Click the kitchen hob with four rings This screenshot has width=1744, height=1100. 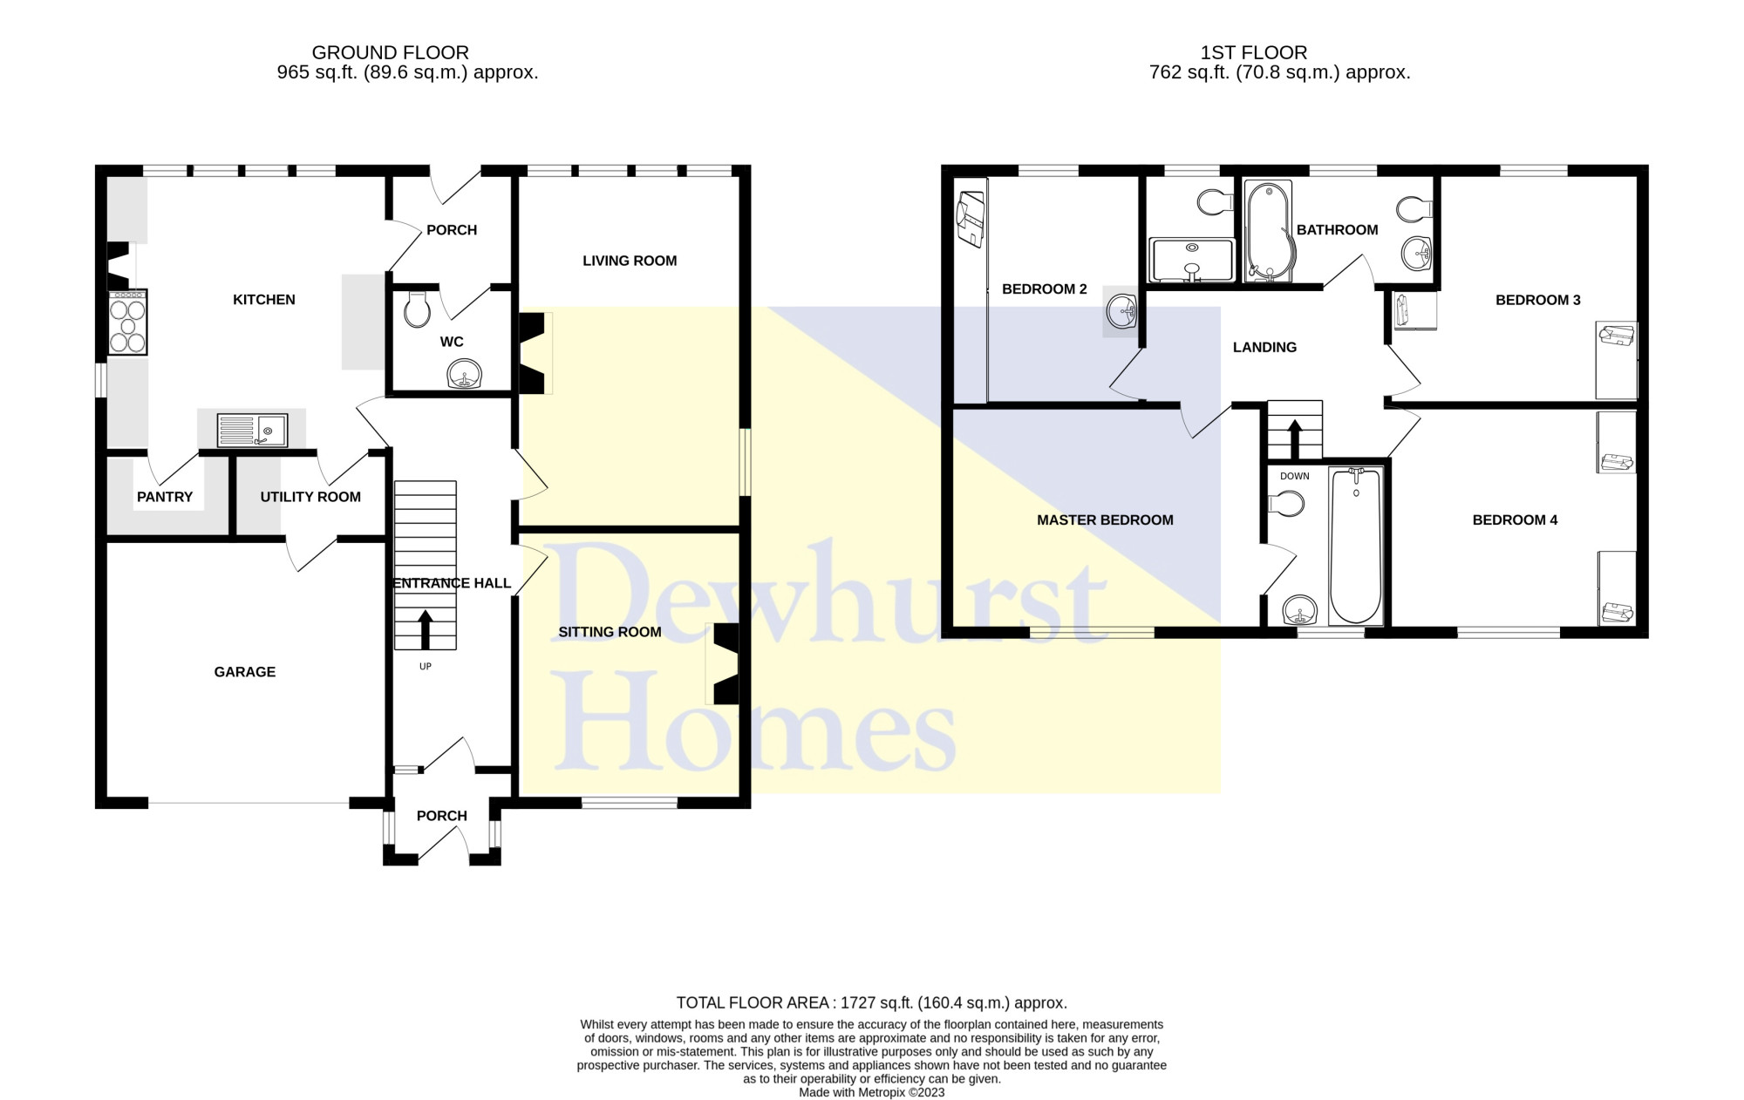(x=127, y=323)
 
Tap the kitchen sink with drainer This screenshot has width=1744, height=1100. (x=252, y=430)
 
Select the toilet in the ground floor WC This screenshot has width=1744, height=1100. (x=418, y=309)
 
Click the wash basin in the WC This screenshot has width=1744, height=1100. (x=465, y=375)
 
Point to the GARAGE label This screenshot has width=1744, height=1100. (x=245, y=672)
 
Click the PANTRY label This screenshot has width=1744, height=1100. (x=165, y=497)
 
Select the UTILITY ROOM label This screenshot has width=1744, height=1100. (x=310, y=497)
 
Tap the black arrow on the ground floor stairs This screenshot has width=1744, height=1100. (x=426, y=629)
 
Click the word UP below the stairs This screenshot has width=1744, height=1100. (x=426, y=667)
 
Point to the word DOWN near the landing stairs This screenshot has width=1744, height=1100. (x=1295, y=476)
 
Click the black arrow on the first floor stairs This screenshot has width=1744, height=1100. (x=1295, y=439)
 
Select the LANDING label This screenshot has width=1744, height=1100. (x=1264, y=347)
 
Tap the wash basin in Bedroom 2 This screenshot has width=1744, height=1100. (x=1121, y=310)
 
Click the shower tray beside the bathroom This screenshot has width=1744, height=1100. (x=1193, y=260)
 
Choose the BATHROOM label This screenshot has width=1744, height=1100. (x=1337, y=230)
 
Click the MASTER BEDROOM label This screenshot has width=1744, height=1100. (x=1105, y=520)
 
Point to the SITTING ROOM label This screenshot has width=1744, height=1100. (x=610, y=632)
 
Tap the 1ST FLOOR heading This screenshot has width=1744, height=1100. (x=1254, y=53)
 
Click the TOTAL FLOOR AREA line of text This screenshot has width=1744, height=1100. (x=872, y=1003)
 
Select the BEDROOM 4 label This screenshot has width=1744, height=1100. (x=1515, y=520)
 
